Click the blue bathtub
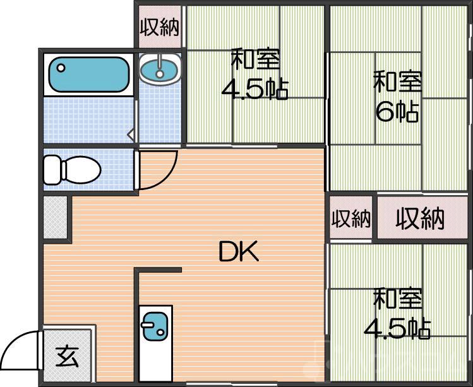coord(88,74)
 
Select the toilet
coord(72,170)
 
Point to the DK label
coord(239,253)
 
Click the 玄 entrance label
coord(67,357)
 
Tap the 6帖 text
coord(397,112)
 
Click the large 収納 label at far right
coord(420,218)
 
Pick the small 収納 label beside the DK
coord(351,218)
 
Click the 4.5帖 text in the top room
coord(254,90)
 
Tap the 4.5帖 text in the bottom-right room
coord(397,328)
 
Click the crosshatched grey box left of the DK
coord(55,217)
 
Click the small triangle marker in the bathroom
coord(131,134)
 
